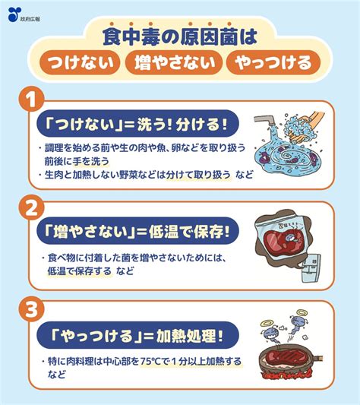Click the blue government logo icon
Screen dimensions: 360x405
pos(14,14)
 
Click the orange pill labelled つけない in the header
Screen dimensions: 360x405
pos(80,63)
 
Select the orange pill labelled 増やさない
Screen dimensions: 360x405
pos(173,63)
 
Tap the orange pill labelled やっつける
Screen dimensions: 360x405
pos(273,63)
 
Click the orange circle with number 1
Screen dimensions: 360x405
pos(31,99)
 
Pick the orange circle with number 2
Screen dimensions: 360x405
pos(31,208)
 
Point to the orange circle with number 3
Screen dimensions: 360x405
pos(31,309)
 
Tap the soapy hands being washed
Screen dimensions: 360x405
pos(305,128)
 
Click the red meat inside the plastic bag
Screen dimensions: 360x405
pos(284,241)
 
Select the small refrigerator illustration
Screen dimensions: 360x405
pos(311,269)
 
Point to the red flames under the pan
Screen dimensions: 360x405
pos(287,374)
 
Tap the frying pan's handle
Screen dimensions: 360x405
pos(318,359)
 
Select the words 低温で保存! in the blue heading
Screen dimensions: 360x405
pos(189,231)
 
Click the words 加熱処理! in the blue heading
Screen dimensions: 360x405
pos(189,336)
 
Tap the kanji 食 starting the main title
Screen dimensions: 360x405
pos(112,36)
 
